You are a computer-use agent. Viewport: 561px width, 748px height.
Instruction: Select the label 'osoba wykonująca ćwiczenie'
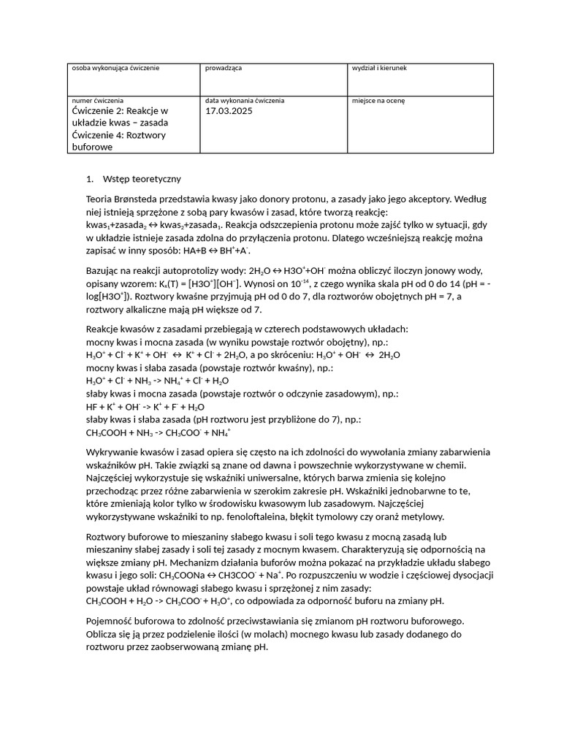tap(115, 68)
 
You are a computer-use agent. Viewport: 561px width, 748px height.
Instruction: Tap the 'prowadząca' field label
tap(224, 68)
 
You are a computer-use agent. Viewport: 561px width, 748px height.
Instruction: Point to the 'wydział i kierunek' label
tap(379, 68)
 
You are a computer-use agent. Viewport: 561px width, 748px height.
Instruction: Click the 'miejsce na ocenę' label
tap(378, 100)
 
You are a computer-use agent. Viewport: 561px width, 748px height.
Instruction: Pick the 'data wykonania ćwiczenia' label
tap(245, 100)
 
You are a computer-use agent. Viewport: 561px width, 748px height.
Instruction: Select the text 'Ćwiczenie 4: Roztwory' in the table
tap(119, 135)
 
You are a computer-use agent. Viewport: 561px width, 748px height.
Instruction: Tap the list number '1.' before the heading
tap(90, 178)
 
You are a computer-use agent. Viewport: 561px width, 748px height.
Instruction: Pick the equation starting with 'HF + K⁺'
tap(145, 407)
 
